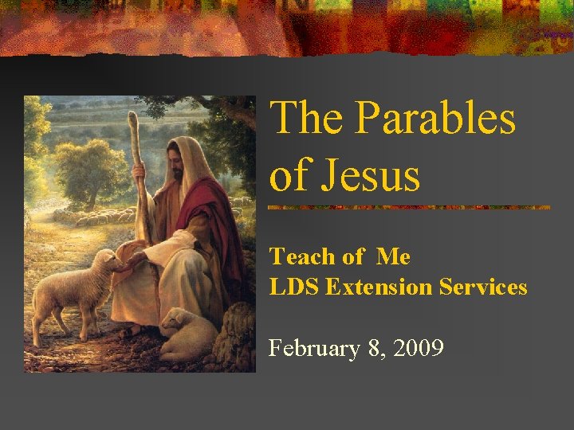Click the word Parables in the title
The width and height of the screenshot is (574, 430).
(435, 118)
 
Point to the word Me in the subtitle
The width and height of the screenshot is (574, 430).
(393, 256)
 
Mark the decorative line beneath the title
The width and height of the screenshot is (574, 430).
(409, 207)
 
